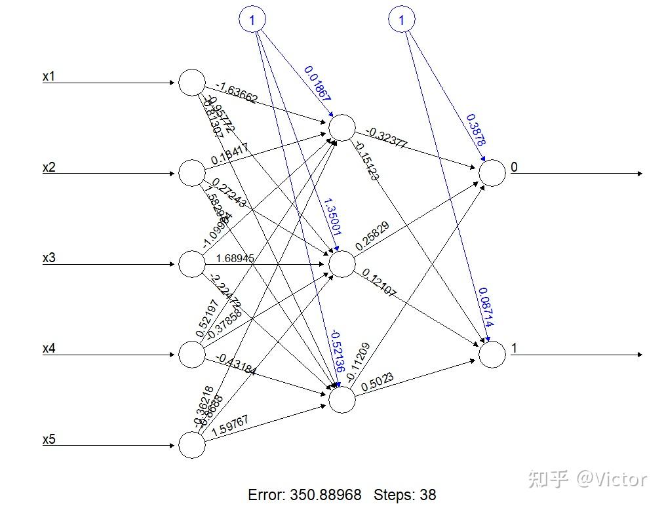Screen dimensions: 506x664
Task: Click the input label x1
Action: pos(49,77)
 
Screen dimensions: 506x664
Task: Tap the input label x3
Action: pos(49,258)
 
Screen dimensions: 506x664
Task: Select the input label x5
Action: pos(49,439)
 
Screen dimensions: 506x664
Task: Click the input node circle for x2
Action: pos(192,173)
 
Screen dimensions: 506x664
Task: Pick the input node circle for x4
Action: pos(192,355)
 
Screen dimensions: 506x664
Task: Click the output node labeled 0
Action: pos(492,173)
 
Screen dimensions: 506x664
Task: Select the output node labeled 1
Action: pos(492,355)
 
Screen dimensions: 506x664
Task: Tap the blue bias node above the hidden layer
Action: pos(252,20)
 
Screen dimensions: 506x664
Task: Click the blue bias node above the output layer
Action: pos(402,20)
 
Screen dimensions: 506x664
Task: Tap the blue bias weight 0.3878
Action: pos(476,130)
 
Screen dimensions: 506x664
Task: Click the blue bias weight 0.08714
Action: pos(486,307)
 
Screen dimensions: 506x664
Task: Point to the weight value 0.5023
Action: pos(377,383)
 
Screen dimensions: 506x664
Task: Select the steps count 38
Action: pos(428,495)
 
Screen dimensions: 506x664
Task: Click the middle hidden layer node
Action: pos(342,264)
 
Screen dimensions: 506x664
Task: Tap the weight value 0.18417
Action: pos(229,155)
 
